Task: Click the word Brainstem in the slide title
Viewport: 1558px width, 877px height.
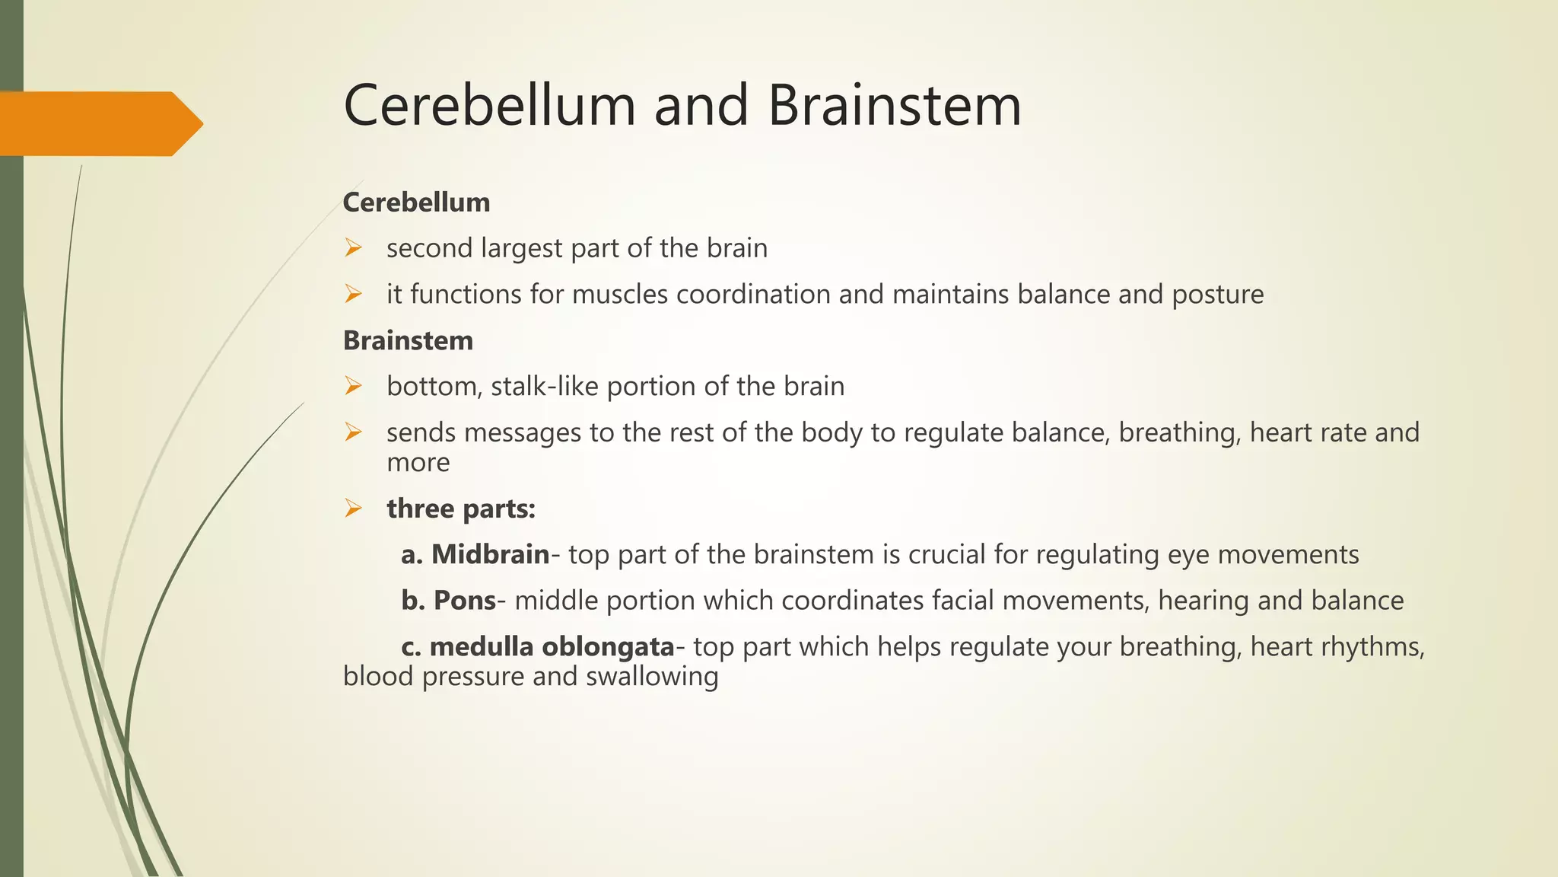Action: pos(895,105)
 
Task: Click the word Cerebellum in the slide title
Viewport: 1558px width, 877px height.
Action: pos(489,105)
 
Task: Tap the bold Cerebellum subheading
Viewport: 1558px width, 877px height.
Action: pos(416,203)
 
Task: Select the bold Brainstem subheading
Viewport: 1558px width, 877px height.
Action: pos(408,340)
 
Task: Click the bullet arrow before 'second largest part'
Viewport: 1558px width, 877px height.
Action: pos(352,248)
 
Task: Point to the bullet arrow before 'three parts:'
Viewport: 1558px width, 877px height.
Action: pos(352,509)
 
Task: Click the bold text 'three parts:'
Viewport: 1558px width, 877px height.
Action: pos(461,509)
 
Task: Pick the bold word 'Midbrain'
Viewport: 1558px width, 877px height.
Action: pos(490,554)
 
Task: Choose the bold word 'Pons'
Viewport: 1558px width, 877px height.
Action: pos(464,601)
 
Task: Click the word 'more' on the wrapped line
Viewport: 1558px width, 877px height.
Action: pos(418,463)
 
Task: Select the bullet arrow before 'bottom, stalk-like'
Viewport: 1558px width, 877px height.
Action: pos(352,386)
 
